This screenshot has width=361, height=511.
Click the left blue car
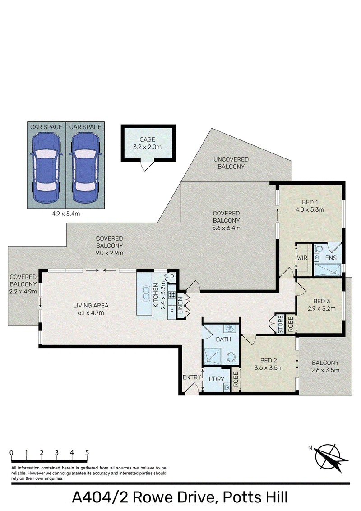[x=46, y=168]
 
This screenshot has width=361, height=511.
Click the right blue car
[x=85, y=168]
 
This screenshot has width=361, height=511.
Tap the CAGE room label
[x=147, y=139]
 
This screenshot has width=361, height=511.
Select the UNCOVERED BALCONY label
[x=231, y=163]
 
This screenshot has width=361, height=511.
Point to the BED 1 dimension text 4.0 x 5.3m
[x=310, y=209]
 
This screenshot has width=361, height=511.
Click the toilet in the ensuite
[x=318, y=249]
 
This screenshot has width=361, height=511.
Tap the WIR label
[x=302, y=258]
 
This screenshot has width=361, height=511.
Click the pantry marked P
[x=172, y=277]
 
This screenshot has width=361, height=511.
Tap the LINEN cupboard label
[x=180, y=305]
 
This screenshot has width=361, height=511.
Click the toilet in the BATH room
[x=231, y=357]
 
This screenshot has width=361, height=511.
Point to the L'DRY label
[x=217, y=379]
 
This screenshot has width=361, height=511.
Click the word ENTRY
[x=192, y=377]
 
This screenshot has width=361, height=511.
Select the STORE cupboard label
[x=281, y=324]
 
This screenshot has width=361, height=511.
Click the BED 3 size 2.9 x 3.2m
[x=322, y=308]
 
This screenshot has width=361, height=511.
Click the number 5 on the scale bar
[x=87, y=452]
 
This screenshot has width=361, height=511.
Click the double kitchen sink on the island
[x=146, y=293]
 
